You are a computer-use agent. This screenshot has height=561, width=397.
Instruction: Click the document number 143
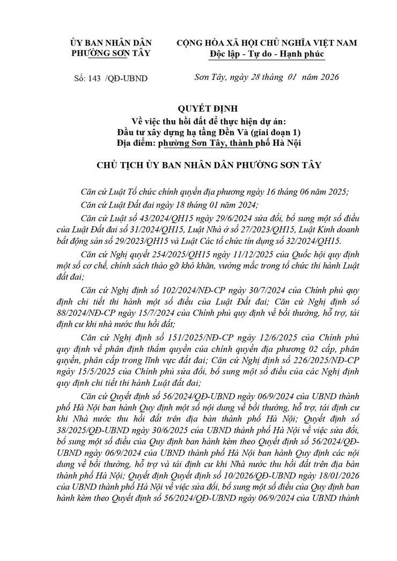[94, 78]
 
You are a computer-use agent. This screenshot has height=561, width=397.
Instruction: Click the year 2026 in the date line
[327, 78]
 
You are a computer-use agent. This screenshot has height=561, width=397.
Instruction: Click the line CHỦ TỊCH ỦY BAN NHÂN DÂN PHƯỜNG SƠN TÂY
[198, 165]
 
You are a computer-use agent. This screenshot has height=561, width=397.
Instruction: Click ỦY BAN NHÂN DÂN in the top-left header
[111, 43]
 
